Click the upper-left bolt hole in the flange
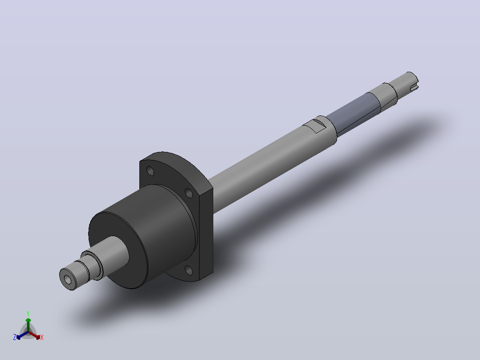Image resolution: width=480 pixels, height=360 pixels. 151,171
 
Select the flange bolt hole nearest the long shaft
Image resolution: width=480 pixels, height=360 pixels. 189,193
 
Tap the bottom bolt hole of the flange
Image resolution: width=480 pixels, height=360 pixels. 189,270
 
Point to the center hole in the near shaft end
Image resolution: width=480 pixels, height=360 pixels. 68,279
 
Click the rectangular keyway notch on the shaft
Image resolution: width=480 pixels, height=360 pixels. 315,126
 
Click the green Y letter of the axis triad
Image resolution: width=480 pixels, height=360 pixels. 28,313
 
